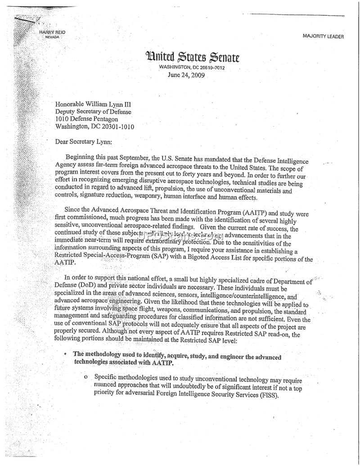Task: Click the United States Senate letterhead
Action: [x=192, y=57]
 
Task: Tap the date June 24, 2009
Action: [x=186, y=75]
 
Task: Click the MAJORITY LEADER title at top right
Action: [x=323, y=36]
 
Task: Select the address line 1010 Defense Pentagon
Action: [x=86, y=119]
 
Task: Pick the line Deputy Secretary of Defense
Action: [x=94, y=112]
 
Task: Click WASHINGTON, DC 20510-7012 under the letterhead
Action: [x=192, y=68]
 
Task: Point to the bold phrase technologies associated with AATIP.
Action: [x=123, y=364]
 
